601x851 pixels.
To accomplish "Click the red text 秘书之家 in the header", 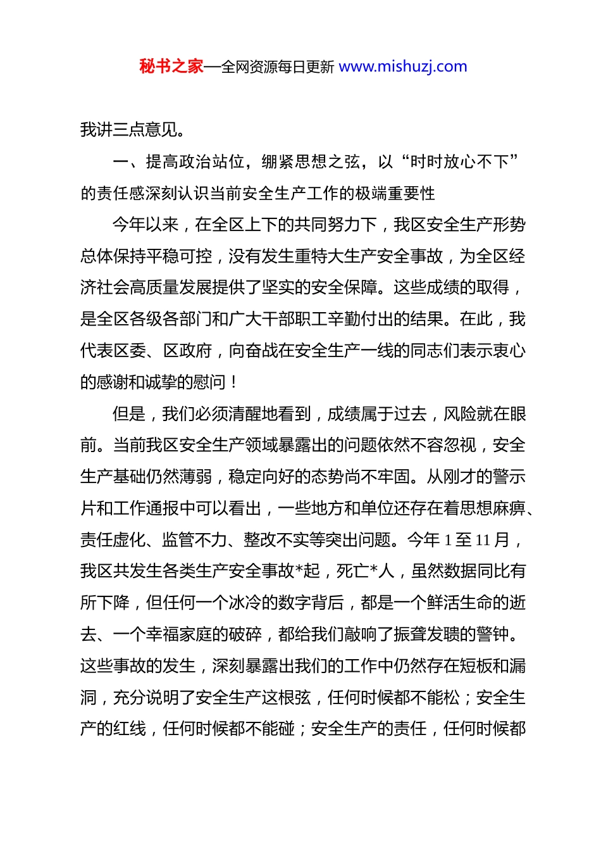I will (x=171, y=66).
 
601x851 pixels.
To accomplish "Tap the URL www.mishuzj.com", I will (x=403, y=66).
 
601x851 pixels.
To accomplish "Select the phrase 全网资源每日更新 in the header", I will (x=278, y=67).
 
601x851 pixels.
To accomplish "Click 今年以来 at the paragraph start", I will (x=146, y=225).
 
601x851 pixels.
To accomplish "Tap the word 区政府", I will (x=188, y=350).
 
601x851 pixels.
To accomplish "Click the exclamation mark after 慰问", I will (x=235, y=382).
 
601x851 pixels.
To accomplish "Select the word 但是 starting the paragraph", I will (x=129, y=413).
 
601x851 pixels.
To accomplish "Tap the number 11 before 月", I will (x=483, y=540).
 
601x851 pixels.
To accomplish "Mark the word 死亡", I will (x=353, y=571).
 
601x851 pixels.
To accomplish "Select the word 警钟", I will (x=492, y=634).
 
